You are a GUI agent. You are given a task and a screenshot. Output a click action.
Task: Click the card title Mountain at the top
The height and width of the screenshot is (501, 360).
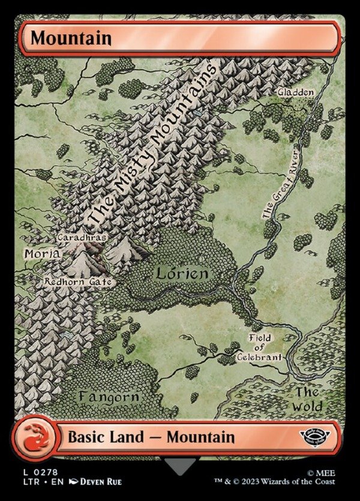71,38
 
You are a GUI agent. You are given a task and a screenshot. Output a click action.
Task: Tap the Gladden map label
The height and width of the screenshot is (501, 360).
295,92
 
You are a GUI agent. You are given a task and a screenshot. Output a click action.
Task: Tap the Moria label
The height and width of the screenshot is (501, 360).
41,254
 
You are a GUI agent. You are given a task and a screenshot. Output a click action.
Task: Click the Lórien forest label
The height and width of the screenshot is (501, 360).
182,274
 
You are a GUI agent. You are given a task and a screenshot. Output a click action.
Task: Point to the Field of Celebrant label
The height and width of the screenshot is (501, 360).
262,347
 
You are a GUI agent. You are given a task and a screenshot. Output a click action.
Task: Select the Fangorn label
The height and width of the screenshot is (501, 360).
109,397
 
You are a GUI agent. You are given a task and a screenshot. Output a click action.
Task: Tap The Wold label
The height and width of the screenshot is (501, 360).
307,400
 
